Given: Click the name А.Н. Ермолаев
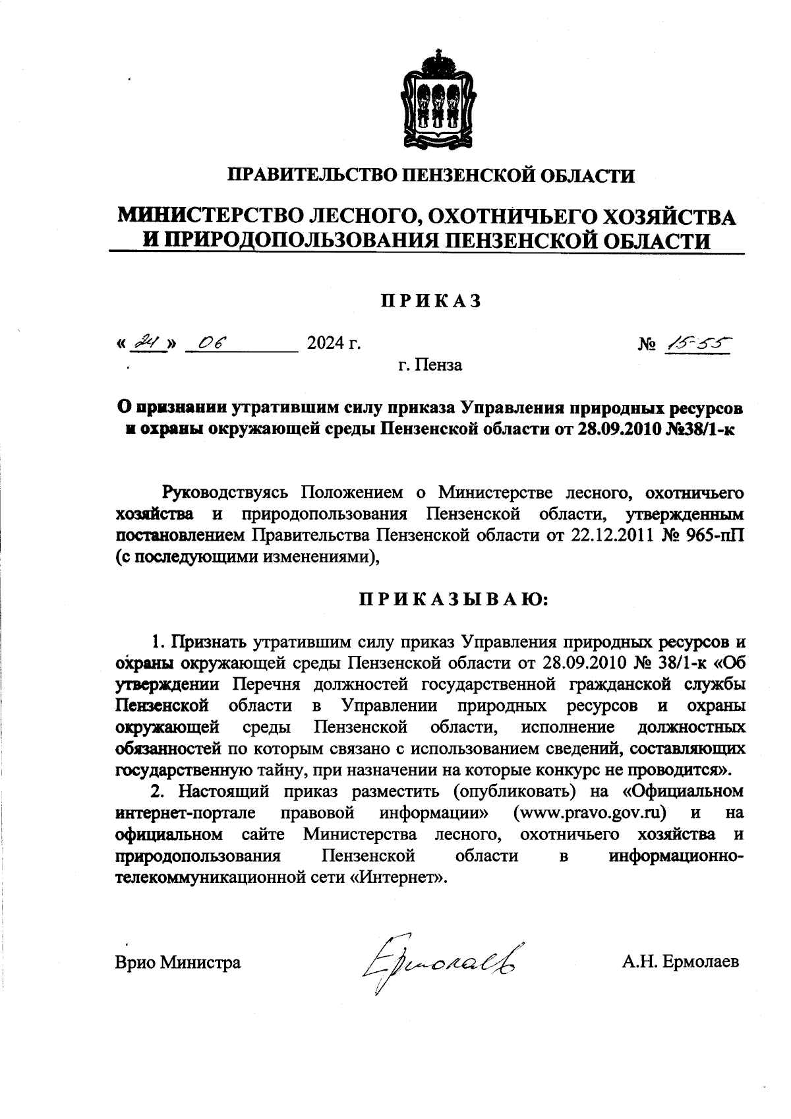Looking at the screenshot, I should [x=680, y=962].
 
